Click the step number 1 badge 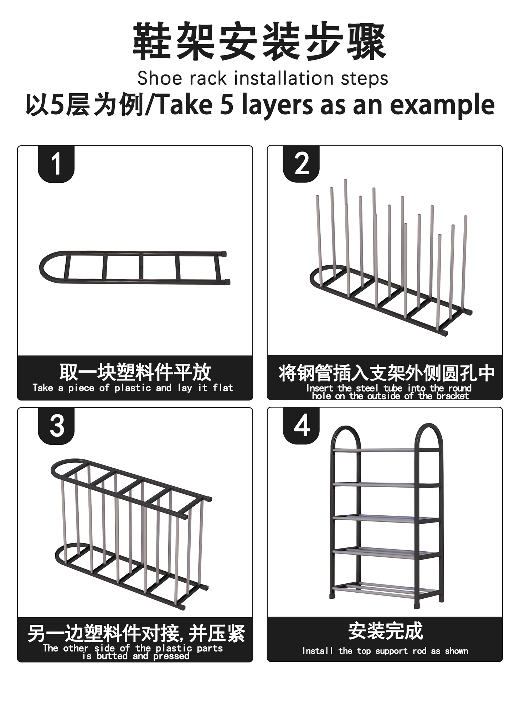coord(56,164)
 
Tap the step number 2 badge coord(301,164)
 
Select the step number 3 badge coord(56,426)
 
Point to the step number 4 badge coord(301,426)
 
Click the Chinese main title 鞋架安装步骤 coord(259,41)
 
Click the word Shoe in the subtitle coord(160,78)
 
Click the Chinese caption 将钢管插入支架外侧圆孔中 coord(387,373)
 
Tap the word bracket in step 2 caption coord(452,396)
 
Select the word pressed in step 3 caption coord(171,656)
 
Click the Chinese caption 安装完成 coord(386,631)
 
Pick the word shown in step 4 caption coord(457,651)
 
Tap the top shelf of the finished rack coord(386,451)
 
